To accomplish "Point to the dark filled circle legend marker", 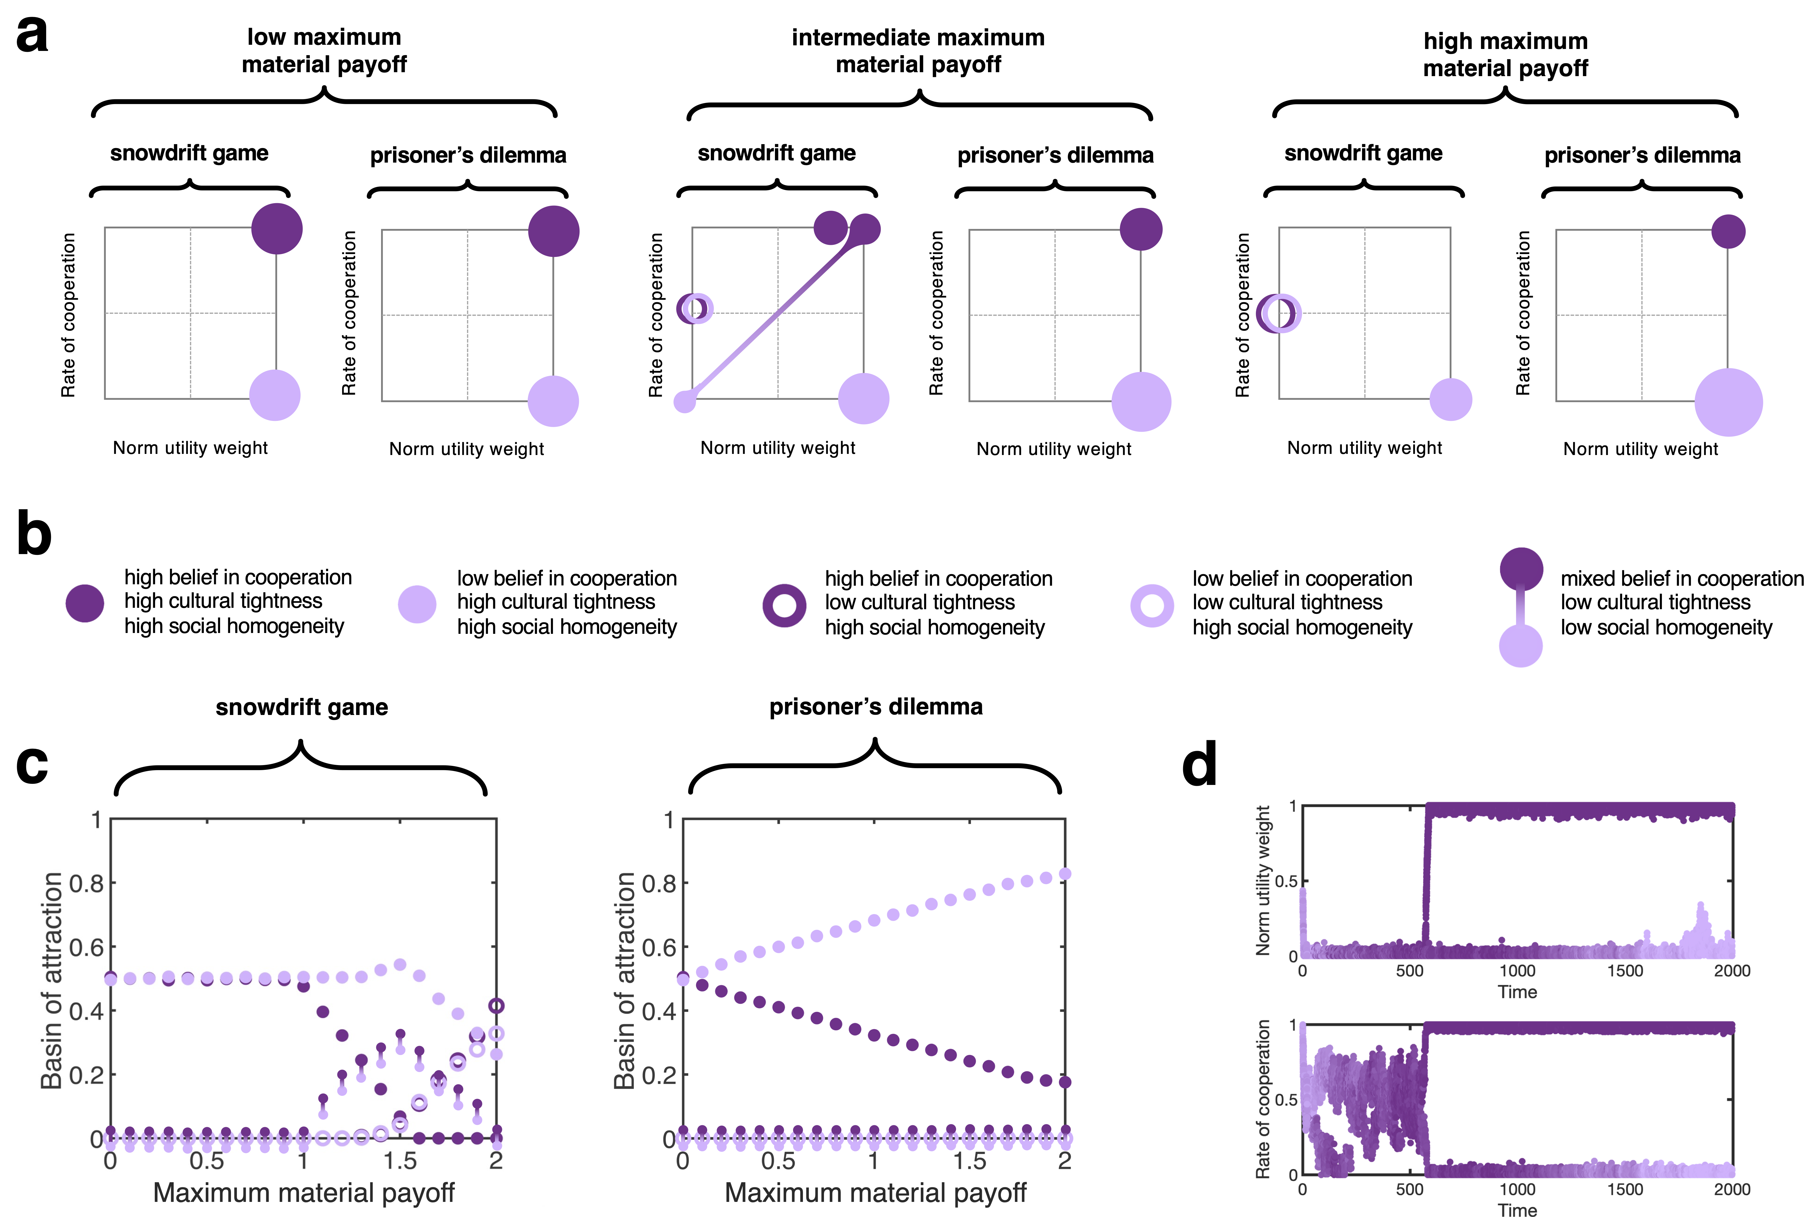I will coord(85,603).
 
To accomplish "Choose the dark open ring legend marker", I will coord(784,605).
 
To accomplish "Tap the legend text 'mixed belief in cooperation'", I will coord(1681,579).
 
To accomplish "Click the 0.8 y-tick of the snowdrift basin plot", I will coord(86,883).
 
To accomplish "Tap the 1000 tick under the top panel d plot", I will coord(1517,971).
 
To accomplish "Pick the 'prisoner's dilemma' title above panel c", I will coord(876,707).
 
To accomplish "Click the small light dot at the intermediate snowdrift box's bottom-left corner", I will coord(685,401).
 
